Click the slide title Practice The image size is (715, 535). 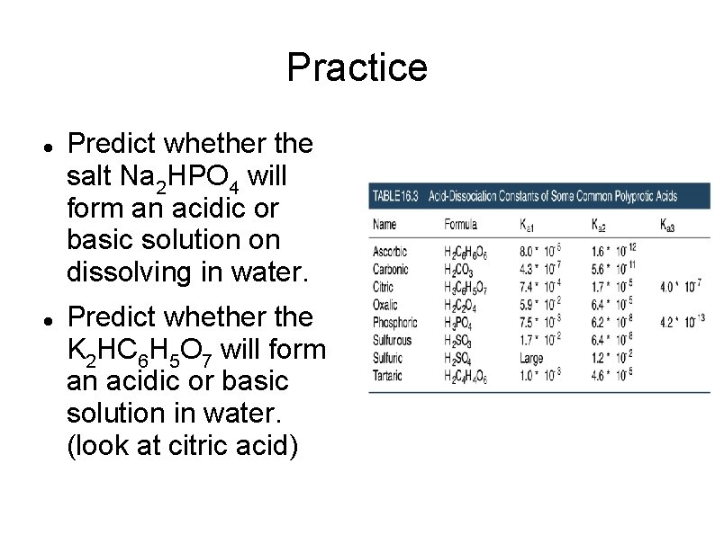[x=357, y=67]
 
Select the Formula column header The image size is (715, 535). [x=461, y=224]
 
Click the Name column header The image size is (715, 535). [x=385, y=224]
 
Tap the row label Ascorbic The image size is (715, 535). [x=390, y=252]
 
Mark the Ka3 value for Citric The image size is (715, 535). [x=681, y=287]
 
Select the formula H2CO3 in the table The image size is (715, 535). [x=460, y=270]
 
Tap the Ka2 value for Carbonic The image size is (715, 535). [x=615, y=270]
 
